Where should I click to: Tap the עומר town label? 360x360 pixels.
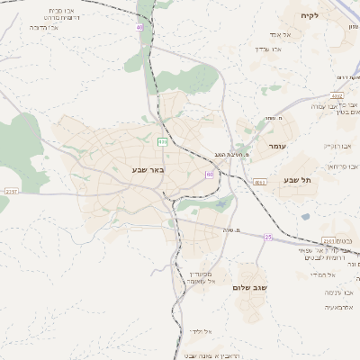pos(276,145)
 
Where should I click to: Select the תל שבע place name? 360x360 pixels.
pos(298,180)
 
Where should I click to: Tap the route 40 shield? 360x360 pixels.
pos(139,28)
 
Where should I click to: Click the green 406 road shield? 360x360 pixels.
pos(162,141)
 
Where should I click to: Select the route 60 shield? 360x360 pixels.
pos(209,174)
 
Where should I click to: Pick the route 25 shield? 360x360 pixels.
pos(267,236)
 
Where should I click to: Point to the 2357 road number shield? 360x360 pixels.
pos(11,191)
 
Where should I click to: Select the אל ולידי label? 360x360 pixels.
pos(200,332)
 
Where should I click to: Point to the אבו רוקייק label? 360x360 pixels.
pos(337,145)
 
